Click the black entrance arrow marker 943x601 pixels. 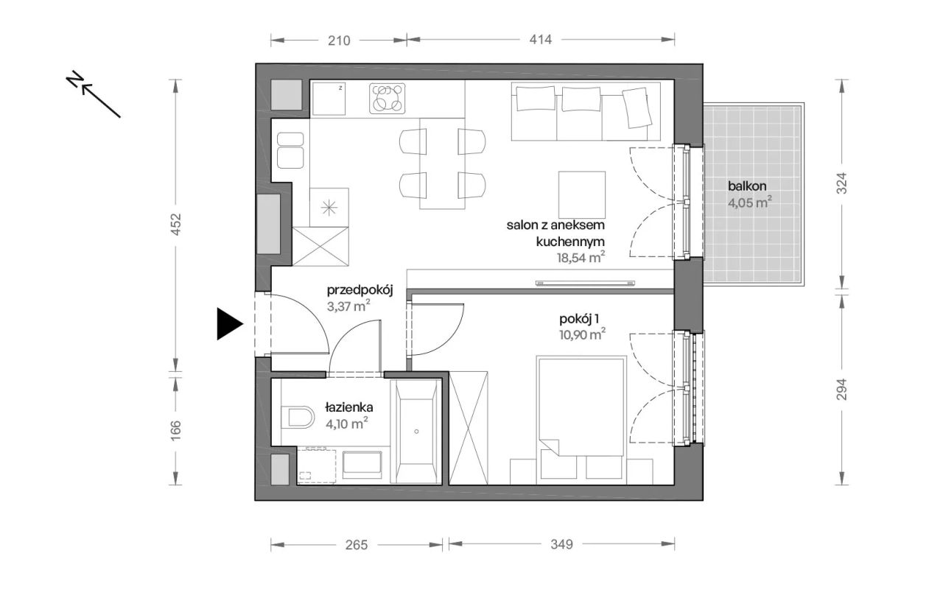pyautogui.click(x=229, y=323)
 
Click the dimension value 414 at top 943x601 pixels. pyautogui.click(x=540, y=40)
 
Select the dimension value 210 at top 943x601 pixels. pyautogui.click(x=339, y=41)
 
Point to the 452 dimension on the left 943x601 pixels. pyautogui.click(x=175, y=225)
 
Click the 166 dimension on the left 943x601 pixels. pyautogui.click(x=175, y=430)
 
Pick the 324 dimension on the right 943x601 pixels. pyautogui.click(x=841, y=183)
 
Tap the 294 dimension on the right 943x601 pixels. pyautogui.click(x=841, y=390)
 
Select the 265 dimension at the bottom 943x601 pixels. pyautogui.click(x=356, y=544)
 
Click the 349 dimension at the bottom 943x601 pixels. pyautogui.click(x=561, y=544)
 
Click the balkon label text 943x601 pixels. pyautogui.click(x=747, y=186)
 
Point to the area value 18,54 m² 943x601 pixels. pyautogui.click(x=581, y=257)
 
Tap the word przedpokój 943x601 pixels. pyautogui.click(x=360, y=290)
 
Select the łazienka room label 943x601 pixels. pyautogui.click(x=349, y=407)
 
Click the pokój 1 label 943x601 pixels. pyautogui.click(x=579, y=319)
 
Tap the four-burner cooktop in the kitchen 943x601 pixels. pyautogui.click(x=388, y=99)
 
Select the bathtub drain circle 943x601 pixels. pyautogui.click(x=416, y=432)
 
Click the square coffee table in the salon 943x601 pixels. pyautogui.click(x=582, y=194)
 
